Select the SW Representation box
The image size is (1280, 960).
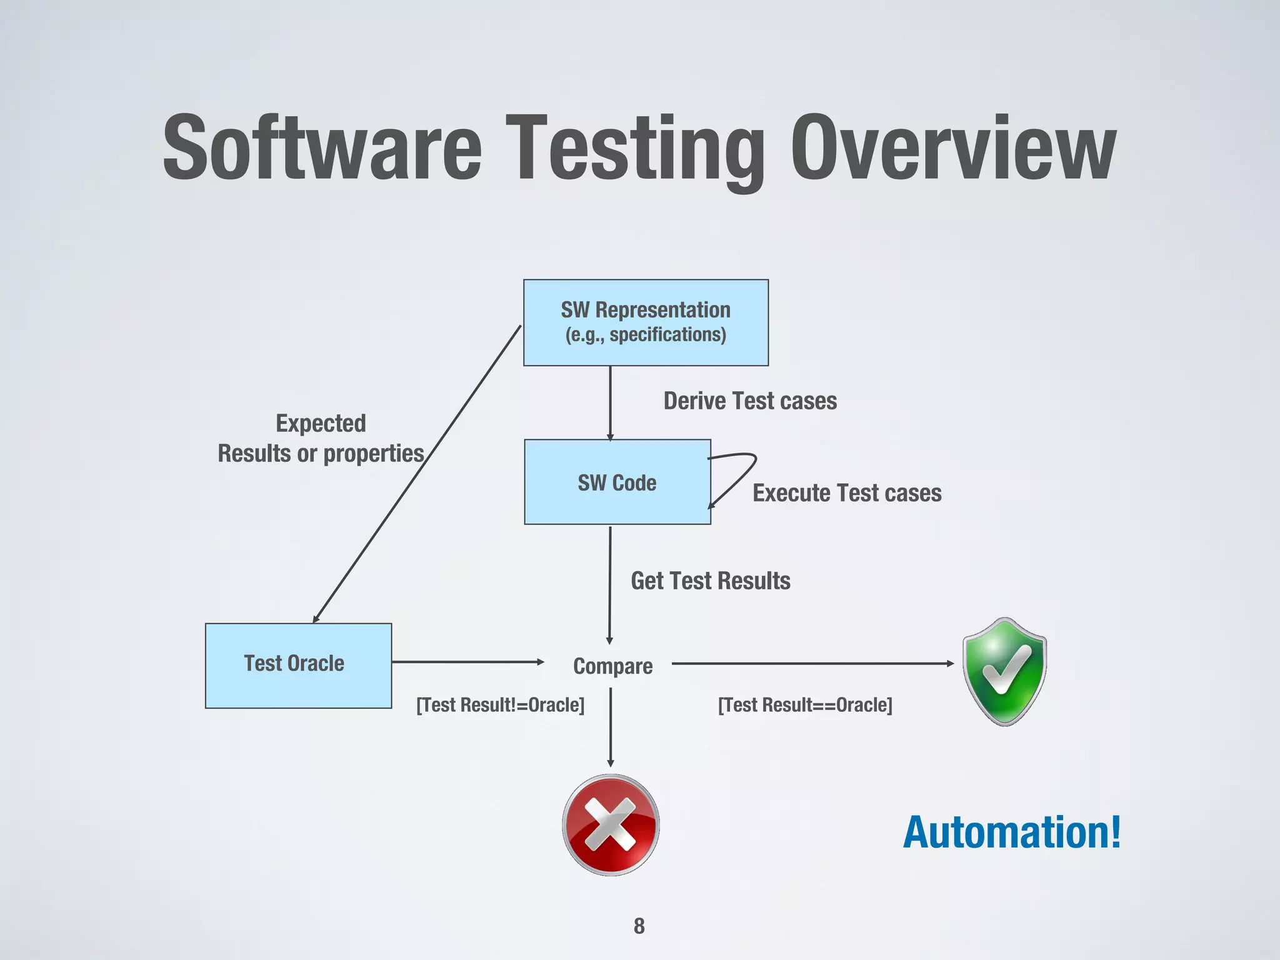point(646,322)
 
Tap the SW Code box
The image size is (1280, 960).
point(617,482)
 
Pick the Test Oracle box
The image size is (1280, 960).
point(298,665)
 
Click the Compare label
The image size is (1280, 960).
point(612,666)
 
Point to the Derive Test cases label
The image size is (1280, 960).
point(750,401)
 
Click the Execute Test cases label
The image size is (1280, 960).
point(847,493)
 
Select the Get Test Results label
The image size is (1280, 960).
point(711,581)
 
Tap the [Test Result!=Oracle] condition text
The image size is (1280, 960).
point(501,705)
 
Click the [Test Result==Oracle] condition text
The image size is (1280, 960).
point(805,705)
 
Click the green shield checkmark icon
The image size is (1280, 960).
point(1004,671)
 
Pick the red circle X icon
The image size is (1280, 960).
point(611,824)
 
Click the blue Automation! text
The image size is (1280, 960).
point(1012,832)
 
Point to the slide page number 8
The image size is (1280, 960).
point(639,926)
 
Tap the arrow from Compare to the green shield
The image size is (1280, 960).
point(812,664)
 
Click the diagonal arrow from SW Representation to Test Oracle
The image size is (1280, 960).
point(416,474)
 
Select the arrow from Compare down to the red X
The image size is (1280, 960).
point(611,727)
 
